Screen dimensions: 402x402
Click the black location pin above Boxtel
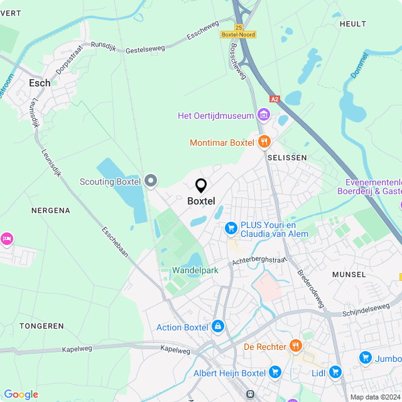(201, 185)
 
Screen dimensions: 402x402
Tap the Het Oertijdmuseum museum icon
(264, 115)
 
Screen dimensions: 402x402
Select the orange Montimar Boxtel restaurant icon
(264, 142)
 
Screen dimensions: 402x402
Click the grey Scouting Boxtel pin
(150, 182)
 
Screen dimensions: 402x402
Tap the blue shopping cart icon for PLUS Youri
(231, 227)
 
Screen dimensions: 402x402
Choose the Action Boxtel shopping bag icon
(217, 327)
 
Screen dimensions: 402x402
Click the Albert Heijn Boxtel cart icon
(275, 372)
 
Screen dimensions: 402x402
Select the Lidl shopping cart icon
(334, 372)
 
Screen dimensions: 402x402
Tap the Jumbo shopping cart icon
(365, 357)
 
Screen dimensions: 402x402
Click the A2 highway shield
(274, 99)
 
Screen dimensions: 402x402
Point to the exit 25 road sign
(239, 27)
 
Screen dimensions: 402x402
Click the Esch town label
(40, 82)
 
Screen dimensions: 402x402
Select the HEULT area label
(352, 24)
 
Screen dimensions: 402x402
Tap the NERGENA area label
(50, 210)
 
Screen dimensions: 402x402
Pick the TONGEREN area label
(41, 326)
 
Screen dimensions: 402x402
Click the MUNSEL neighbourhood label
(349, 274)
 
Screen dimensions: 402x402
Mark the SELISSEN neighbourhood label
(287, 157)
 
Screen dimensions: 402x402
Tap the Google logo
(21, 394)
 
